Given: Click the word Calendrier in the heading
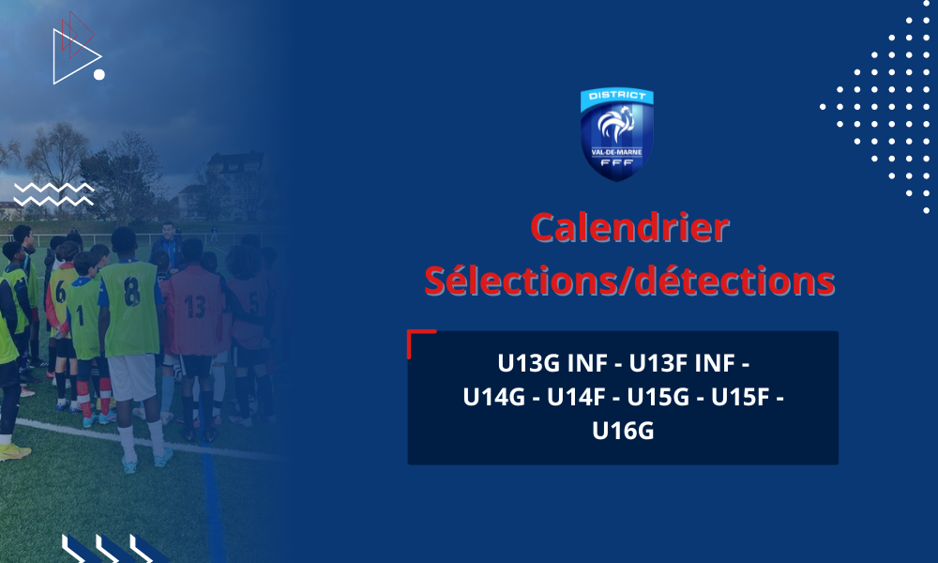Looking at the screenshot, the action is point(630,228).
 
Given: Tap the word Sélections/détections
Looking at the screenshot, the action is point(629,281).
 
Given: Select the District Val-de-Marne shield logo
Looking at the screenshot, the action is point(617,134).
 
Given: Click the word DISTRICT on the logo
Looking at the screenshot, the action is point(617,95).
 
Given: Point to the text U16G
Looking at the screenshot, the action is point(623,431).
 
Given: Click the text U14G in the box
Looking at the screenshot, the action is point(493,397).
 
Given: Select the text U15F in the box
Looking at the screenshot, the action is point(740,397).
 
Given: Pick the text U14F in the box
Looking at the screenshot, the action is point(576,397).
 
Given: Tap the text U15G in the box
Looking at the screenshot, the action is point(658,397).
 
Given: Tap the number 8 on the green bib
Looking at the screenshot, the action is point(131,292).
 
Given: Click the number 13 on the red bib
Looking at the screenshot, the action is point(195,306).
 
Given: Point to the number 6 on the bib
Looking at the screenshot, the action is point(60,292).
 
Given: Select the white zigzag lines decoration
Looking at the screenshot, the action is point(53,194).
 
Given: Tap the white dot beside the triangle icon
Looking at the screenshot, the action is point(99,75).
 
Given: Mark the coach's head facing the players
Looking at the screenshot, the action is point(169,230).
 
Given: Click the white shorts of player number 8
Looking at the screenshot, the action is point(132,377).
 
